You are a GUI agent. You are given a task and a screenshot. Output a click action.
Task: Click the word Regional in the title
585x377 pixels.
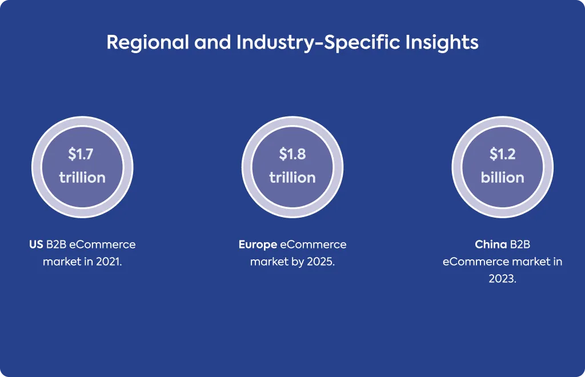click(148, 42)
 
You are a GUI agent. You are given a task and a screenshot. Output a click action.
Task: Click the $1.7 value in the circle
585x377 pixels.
click(81, 154)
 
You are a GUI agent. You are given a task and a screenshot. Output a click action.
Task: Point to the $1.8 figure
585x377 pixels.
click(292, 154)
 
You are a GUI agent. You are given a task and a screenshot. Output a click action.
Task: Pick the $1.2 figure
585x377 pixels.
click(503, 154)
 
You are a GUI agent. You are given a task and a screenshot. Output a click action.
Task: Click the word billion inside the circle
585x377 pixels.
click(503, 178)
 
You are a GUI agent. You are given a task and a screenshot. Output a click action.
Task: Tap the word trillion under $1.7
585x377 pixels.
click(82, 178)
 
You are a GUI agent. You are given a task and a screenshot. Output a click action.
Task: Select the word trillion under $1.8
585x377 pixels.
click(292, 178)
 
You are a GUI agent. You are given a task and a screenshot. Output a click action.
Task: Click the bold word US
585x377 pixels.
click(36, 244)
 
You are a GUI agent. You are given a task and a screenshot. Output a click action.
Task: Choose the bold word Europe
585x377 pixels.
click(258, 245)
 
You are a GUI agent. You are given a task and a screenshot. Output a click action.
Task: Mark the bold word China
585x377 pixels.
click(491, 244)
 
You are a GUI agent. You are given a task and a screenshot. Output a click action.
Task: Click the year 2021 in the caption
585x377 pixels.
click(109, 262)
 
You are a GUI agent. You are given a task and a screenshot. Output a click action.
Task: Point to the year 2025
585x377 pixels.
click(321, 262)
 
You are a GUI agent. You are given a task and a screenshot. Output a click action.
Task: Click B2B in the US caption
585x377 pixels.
click(56, 244)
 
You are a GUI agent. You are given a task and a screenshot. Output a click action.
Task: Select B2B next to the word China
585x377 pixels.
click(520, 244)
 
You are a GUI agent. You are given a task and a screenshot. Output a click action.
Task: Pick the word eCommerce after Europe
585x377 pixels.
click(314, 244)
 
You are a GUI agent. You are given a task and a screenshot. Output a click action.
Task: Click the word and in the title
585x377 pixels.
click(213, 42)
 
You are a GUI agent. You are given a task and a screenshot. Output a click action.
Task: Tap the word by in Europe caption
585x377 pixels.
click(298, 262)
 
